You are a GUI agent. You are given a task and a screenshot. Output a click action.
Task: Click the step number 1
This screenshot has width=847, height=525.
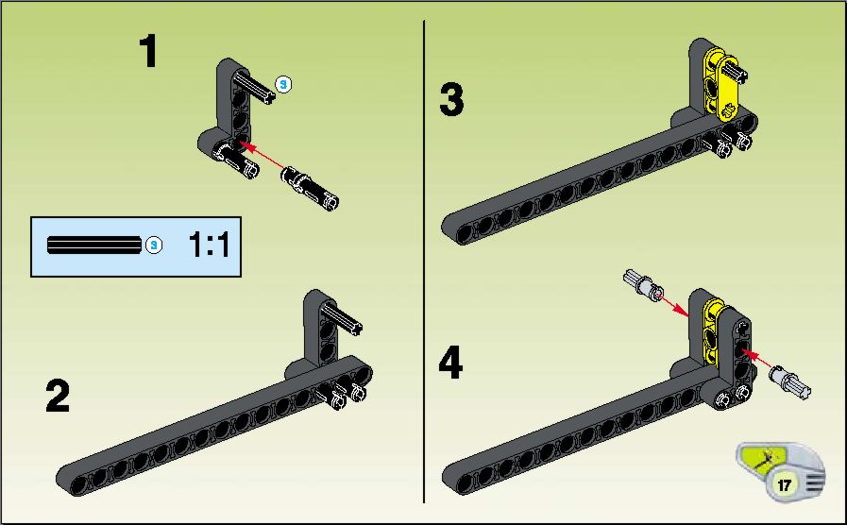(148, 51)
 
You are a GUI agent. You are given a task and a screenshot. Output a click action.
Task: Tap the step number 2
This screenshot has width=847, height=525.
(58, 396)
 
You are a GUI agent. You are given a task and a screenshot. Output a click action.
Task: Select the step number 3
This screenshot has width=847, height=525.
(451, 100)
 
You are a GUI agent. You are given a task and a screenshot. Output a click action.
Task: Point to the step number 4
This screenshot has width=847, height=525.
(450, 363)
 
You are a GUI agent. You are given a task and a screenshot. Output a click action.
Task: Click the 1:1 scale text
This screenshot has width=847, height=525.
(210, 245)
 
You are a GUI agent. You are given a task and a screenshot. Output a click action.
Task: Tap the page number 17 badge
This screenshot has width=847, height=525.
(784, 485)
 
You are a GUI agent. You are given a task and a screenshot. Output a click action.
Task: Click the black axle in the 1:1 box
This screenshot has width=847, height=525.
(94, 245)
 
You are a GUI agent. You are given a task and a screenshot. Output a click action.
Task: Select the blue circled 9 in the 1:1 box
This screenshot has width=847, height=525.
(154, 246)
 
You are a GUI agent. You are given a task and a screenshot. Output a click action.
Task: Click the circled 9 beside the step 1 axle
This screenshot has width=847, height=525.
(283, 84)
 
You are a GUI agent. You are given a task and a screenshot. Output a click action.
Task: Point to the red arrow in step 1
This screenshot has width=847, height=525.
(261, 156)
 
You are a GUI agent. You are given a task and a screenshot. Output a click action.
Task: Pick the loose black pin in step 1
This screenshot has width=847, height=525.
(310, 187)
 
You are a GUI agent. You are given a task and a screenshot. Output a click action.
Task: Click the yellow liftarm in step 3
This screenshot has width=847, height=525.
(721, 84)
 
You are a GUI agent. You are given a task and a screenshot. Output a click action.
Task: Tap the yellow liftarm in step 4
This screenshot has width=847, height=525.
(714, 330)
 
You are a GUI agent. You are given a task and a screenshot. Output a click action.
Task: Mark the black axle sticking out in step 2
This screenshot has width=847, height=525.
(342, 317)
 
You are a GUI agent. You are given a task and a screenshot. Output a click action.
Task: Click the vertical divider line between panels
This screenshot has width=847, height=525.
(424, 262)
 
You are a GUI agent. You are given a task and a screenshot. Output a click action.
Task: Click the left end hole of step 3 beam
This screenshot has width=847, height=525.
(465, 233)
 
